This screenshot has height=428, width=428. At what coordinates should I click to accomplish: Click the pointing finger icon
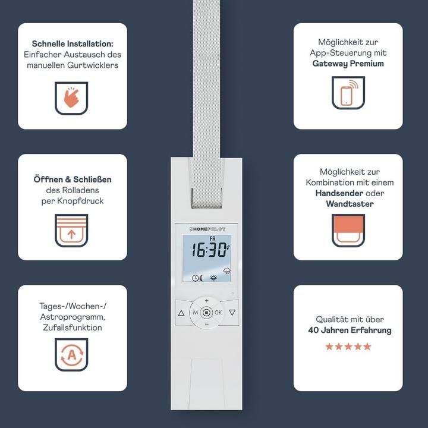click(x=71, y=98)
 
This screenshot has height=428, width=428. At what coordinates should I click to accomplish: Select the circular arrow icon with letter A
click(x=71, y=355)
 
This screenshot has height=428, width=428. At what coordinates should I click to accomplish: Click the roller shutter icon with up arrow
click(x=71, y=231)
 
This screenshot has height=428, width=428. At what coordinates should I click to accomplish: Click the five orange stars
click(x=348, y=346)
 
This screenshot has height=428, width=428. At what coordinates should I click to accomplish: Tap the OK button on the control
click(x=218, y=312)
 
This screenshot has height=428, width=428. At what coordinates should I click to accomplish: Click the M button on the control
click(x=195, y=312)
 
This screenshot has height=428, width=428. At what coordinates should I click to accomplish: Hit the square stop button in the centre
click(x=206, y=312)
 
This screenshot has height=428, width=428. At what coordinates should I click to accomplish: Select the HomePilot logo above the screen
click(x=206, y=228)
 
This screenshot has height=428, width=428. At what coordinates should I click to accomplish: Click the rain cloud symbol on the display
click(x=226, y=272)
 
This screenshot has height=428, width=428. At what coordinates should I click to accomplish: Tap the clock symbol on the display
click(x=195, y=278)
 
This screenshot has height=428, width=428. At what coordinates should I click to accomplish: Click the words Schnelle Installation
click(x=73, y=44)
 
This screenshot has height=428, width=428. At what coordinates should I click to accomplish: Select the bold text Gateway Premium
click(x=348, y=63)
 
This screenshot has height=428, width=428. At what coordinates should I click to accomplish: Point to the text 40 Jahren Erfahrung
click(x=350, y=330)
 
